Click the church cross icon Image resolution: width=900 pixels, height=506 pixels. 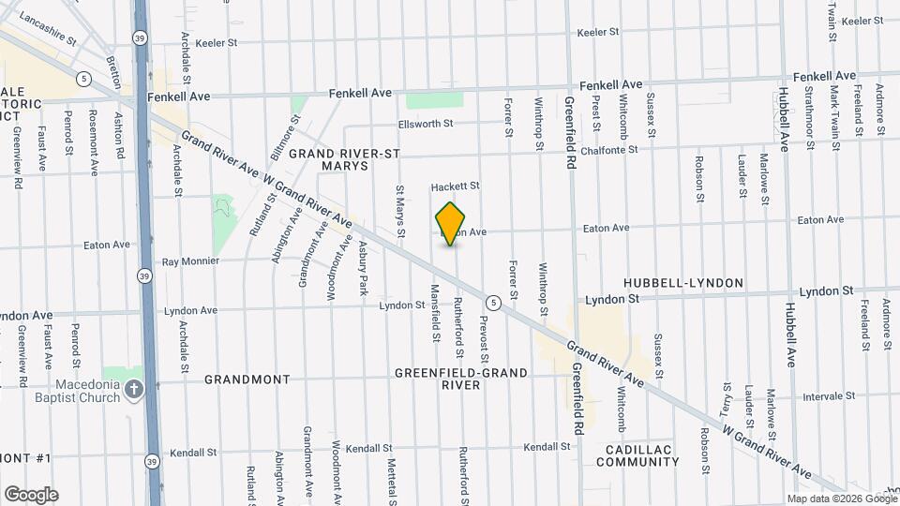[134, 389]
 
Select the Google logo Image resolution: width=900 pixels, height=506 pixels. [31, 495]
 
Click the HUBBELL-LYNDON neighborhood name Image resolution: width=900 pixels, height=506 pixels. [683, 283]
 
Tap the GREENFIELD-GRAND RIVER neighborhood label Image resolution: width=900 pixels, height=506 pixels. [460, 379]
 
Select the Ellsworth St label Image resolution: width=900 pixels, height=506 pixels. [426, 123]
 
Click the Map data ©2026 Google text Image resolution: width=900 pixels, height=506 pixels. [840, 499]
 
